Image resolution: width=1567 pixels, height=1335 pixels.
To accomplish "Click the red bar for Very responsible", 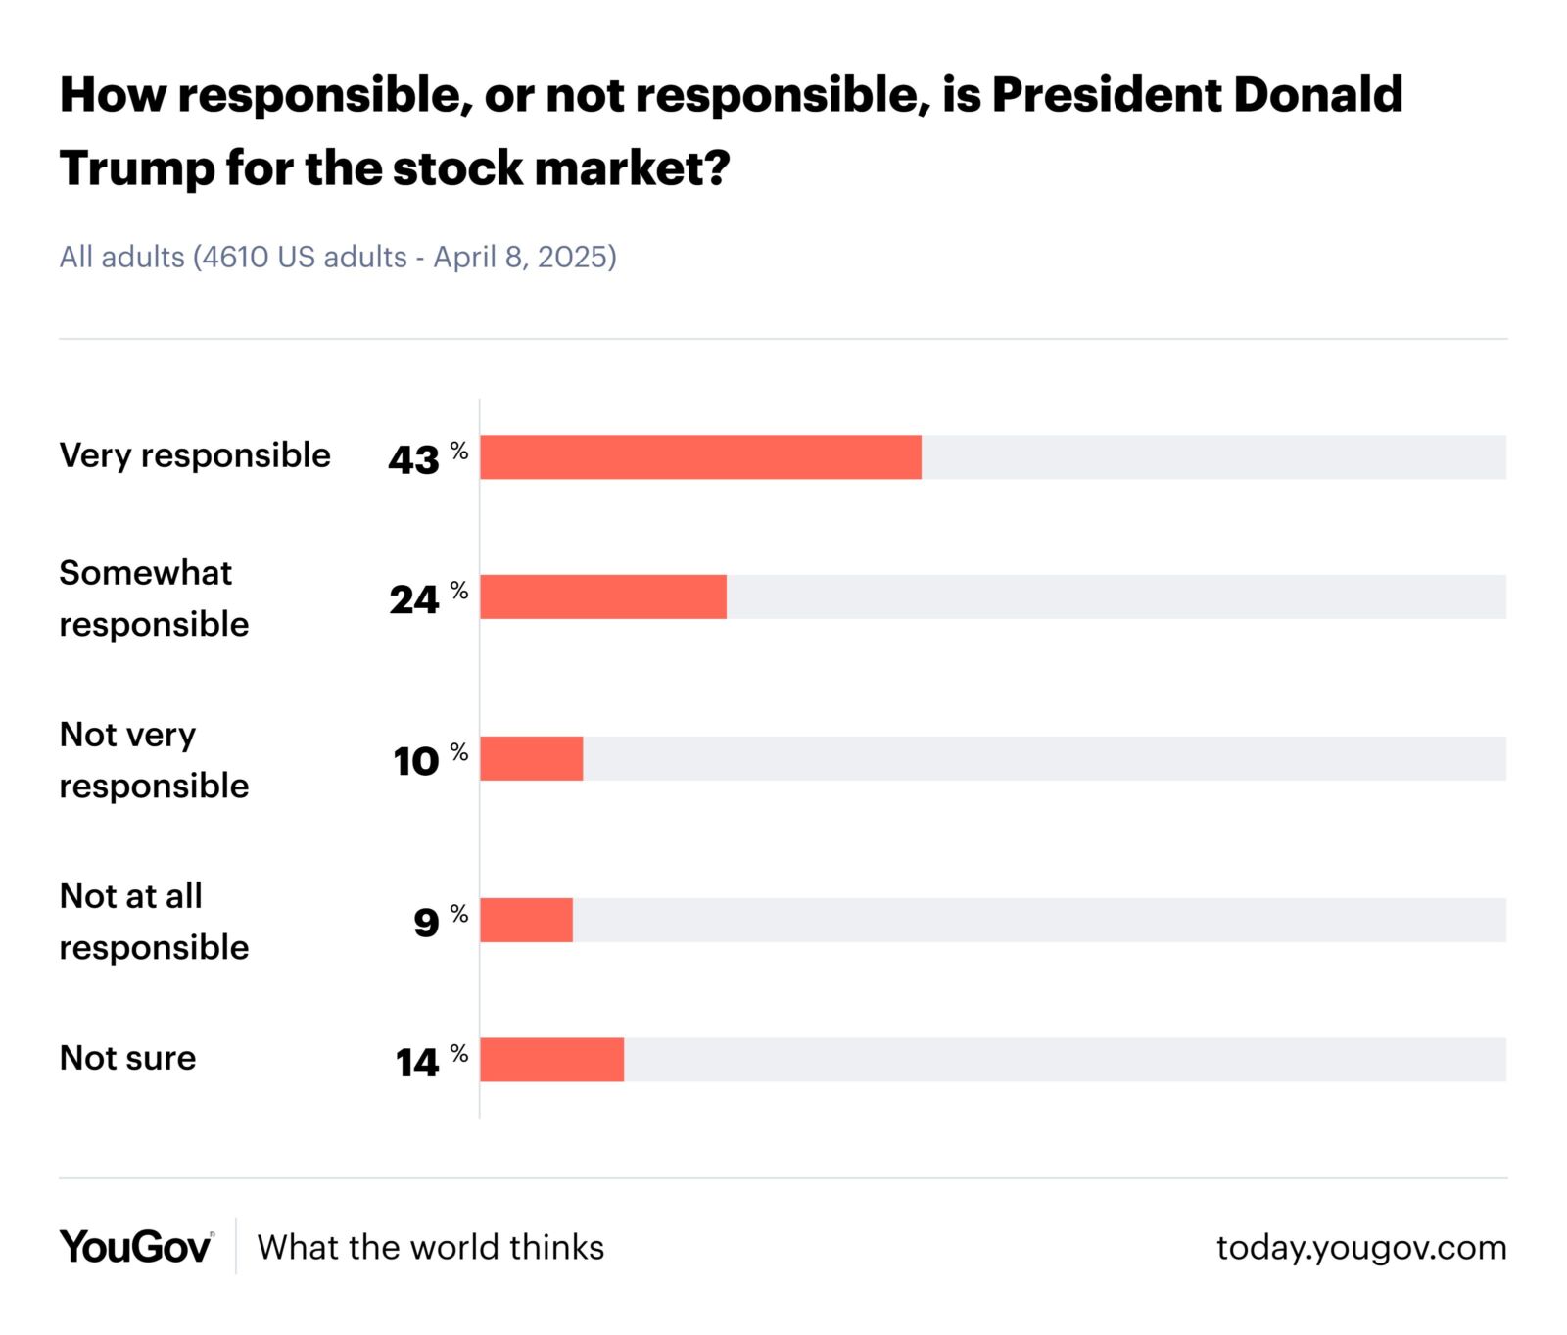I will pos(700,457).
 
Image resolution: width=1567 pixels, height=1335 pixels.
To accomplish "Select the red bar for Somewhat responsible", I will pos(603,596).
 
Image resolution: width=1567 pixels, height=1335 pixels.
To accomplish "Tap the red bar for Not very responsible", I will pos(532,758).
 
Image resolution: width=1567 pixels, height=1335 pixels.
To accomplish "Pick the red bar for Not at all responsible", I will pos(526,920).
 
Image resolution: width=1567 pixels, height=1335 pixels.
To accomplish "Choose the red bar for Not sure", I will pos(551,1059).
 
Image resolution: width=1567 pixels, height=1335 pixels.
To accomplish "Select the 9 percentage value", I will pos(427,922).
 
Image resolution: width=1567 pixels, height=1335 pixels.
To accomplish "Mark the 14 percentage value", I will pos(418,1062).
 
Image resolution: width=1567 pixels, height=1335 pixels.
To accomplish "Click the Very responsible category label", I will pos(195,455).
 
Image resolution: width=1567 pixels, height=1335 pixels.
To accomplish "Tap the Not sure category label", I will pos(127,1058).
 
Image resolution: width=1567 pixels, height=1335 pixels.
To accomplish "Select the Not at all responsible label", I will pos(154,921).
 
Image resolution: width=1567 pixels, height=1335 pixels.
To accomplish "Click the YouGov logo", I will pos(136,1246).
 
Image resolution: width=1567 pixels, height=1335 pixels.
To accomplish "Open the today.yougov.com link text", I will pos(1360,1247).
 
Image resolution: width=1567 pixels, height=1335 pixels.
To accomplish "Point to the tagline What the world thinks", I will pos(430,1247).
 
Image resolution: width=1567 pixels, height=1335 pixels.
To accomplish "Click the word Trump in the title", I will pos(136,168).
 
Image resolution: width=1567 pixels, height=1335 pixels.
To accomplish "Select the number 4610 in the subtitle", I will pos(236,257).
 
